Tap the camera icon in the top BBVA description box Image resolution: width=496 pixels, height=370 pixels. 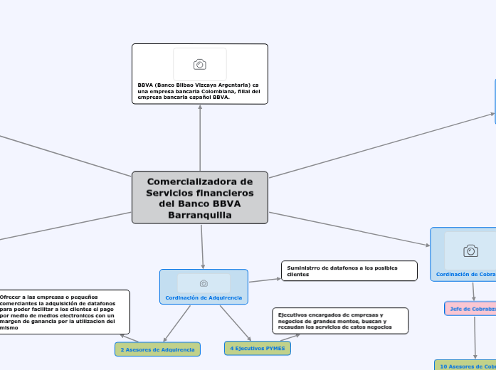[x=200, y=65]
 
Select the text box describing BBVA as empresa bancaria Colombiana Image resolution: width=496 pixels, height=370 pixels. [x=200, y=91]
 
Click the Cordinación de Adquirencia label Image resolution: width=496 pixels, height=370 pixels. [x=204, y=297]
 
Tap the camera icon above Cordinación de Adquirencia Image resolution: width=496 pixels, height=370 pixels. [x=204, y=283]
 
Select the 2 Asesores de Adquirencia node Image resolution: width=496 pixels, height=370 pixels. [x=157, y=349]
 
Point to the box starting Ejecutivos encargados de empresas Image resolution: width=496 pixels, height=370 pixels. [x=340, y=320]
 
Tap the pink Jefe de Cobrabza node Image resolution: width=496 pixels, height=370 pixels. [x=470, y=308]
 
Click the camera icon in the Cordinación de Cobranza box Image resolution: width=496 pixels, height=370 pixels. [x=470, y=250]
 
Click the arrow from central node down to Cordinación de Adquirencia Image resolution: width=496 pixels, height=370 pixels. [x=202, y=246]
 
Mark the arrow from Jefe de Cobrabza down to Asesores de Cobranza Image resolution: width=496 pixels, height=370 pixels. [x=474, y=338]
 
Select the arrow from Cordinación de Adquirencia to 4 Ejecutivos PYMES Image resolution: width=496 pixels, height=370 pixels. [x=236, y=323]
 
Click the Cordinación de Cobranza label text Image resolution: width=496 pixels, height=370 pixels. [x=466, y=274]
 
